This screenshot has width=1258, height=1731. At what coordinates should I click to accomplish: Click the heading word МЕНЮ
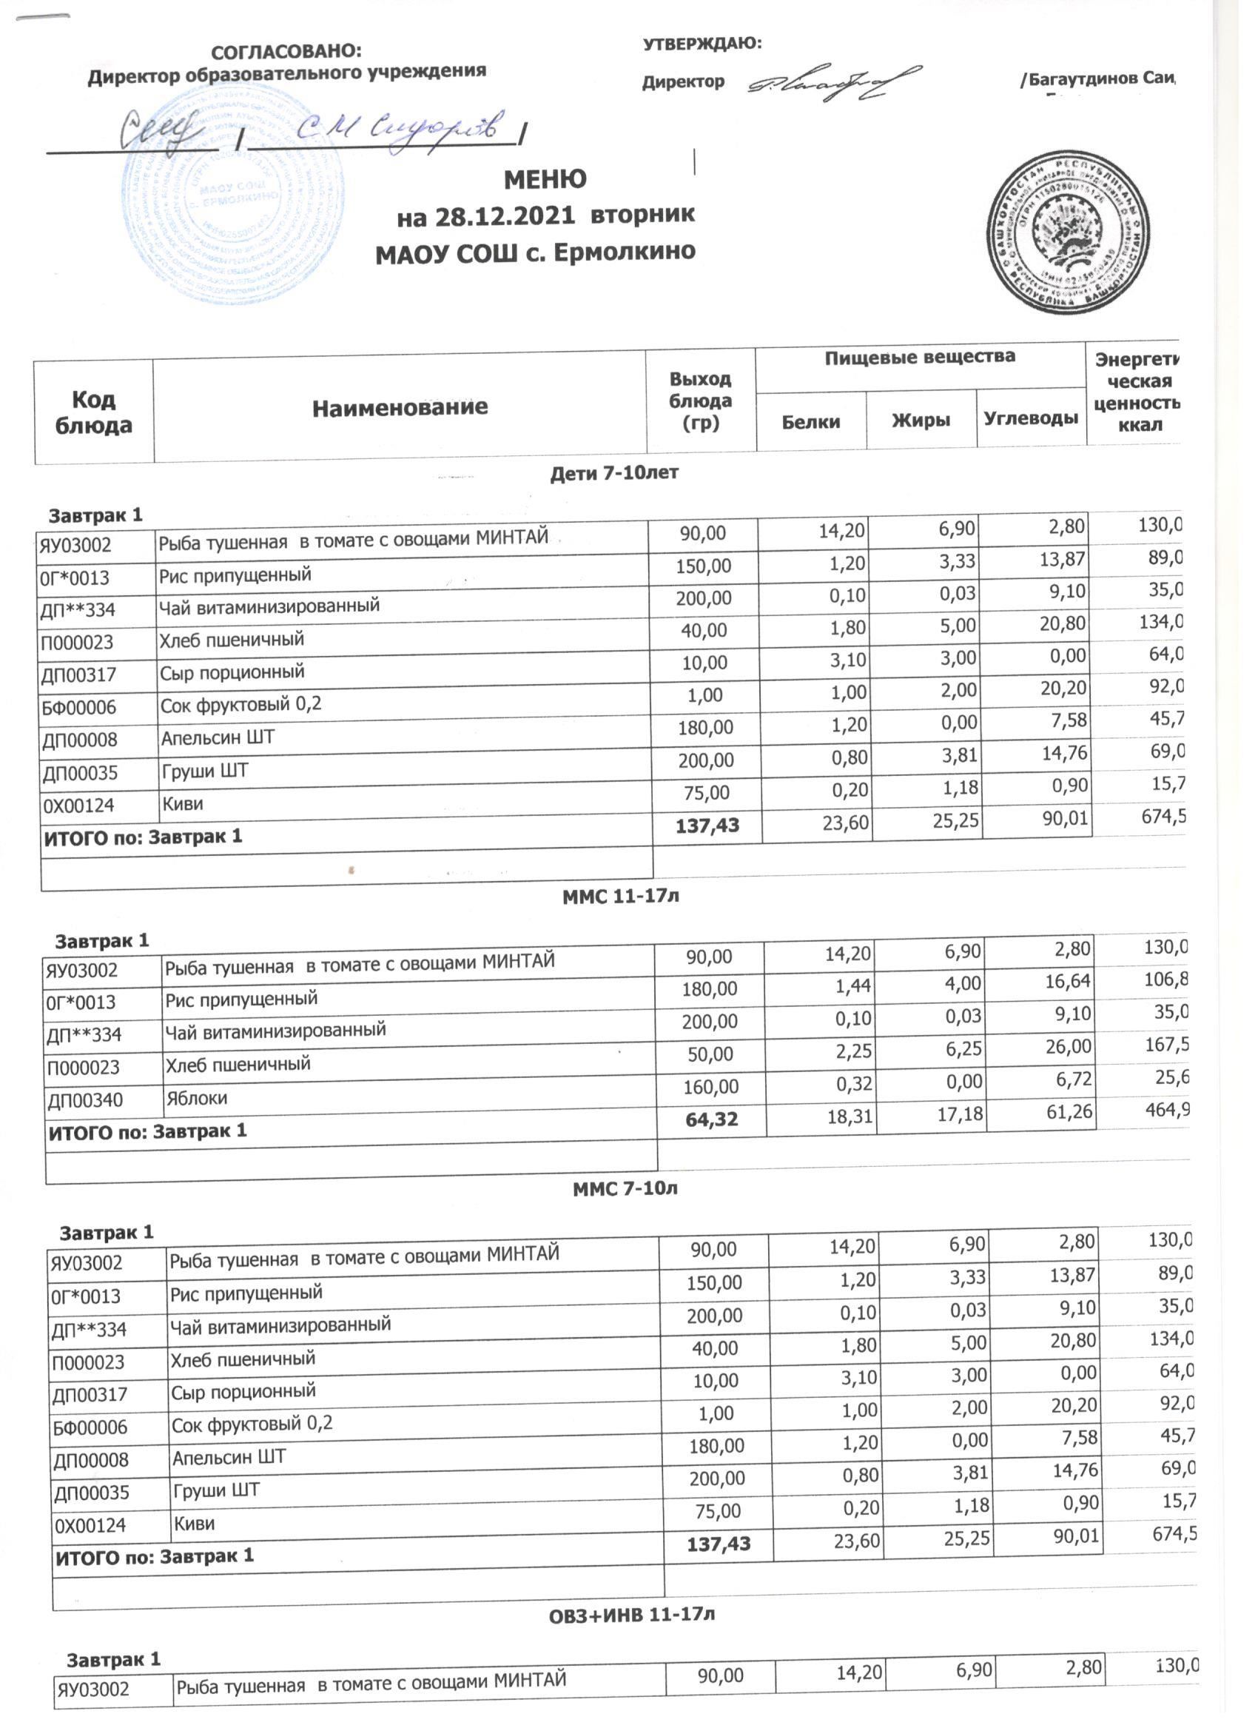[545, 180]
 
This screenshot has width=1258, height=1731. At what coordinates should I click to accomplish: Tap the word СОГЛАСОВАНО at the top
[286, 52]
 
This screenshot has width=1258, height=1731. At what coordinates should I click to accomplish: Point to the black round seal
[1068, 232]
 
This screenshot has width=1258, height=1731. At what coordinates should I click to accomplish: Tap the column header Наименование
[400, 407]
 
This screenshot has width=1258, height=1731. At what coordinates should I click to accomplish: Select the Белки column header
[810, 421]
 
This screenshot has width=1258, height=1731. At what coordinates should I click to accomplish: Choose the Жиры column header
[921, 420]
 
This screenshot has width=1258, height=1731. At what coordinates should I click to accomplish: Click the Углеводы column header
[1031, 418]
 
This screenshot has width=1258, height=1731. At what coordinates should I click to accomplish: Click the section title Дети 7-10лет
[614, 473]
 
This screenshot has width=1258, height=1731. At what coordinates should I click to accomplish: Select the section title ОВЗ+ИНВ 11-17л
[632, 1615]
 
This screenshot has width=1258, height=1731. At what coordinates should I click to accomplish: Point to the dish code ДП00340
[84, 1101]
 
